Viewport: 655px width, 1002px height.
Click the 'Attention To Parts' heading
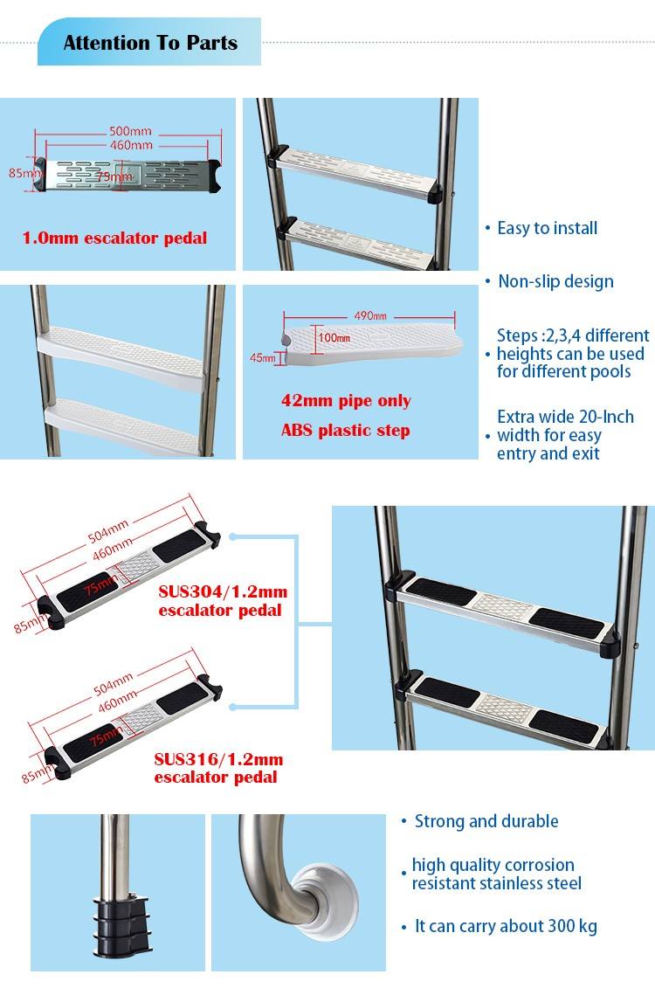[150, 43]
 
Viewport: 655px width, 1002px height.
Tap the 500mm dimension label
[130, 131]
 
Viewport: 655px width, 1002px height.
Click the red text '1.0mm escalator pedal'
[115, 238]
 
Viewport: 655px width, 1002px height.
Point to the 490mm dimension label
[370, 315]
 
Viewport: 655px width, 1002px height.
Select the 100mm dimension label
[334, 337]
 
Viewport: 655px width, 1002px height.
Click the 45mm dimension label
[261, 358]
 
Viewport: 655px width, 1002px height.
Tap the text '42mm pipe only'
[346, 401]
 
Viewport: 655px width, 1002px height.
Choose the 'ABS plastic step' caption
[345, 431]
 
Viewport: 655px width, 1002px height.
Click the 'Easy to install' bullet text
[547, 228]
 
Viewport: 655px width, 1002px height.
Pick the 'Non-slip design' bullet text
[555, 281]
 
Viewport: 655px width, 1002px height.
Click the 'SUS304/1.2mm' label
[223, 591]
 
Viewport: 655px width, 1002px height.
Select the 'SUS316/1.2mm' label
[218, 759]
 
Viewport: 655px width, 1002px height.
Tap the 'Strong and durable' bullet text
[486, 821]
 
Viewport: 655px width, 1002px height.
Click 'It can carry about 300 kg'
[507, 926]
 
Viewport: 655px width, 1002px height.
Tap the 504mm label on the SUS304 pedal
[108, 531]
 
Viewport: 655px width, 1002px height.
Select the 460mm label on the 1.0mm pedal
[131, 145]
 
